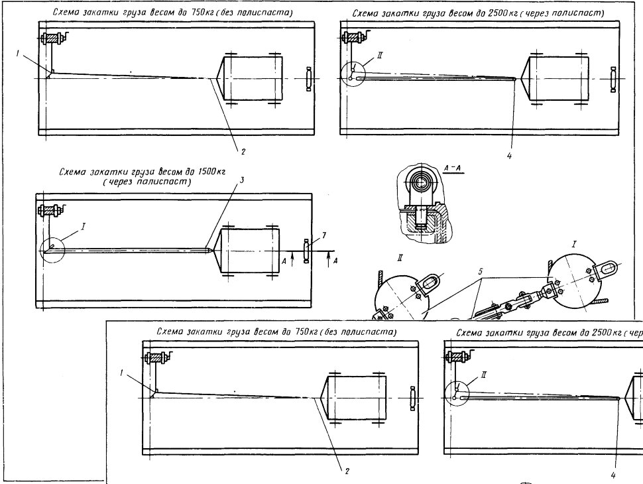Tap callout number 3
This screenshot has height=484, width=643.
(243, 180)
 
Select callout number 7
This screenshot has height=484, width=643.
(324, 235)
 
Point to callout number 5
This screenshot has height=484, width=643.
(480, 272)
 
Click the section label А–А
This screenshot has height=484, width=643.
(453, 168)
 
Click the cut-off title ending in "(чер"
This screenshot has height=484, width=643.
(550, 333)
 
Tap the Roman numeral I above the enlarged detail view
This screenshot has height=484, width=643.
(573, 245)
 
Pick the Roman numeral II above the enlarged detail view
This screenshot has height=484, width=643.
(400, 258)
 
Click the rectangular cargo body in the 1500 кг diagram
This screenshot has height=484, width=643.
(250, 251)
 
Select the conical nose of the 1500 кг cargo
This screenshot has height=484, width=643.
(215, 251)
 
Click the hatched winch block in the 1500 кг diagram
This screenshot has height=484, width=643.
(50, 212)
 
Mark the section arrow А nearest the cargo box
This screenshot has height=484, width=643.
(292, 260)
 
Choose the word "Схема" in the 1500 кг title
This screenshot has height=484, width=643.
(71, 172)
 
